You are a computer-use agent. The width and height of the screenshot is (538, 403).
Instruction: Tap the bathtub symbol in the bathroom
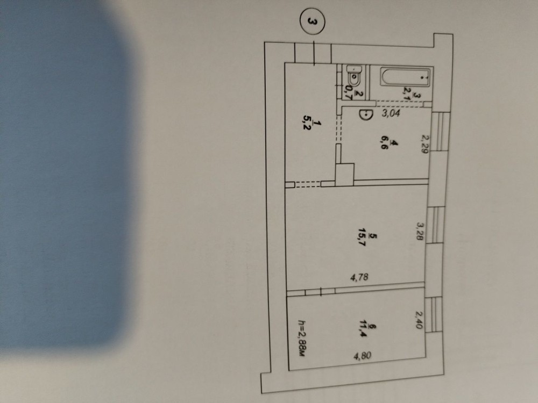[x=405, y=77]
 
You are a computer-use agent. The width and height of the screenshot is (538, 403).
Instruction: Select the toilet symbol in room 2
[x=354, y=76]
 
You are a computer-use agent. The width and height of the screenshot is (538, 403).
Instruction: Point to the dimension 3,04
[x=391, y=113]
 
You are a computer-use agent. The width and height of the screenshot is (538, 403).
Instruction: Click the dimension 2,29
[x=425, y=144]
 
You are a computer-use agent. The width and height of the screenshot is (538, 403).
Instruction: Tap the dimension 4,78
[x=359, y=277]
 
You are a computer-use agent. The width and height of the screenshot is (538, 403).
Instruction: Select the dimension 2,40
[x=419, y=320]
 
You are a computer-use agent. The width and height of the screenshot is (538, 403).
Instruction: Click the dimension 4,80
[x=362, y=356]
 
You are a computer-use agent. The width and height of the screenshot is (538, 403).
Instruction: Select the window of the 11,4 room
[x=433, y=314]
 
